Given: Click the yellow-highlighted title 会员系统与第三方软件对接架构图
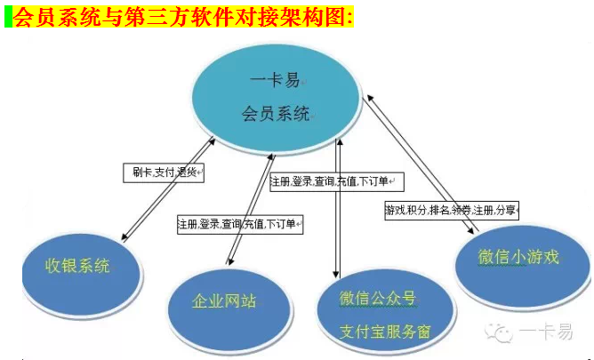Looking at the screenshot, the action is point(183,17).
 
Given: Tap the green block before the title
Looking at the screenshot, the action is point(8,17).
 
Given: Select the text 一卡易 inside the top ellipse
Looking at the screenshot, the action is point(275,80).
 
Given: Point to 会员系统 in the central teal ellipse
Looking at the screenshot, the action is point(276,114).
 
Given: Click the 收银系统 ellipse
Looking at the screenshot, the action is point(82,275).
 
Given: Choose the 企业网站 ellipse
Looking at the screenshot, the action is point(229,309).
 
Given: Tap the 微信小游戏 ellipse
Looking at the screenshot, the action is point(522,266).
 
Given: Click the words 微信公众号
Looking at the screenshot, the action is point(378,299).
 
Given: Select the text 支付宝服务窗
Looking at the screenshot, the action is point(385,332).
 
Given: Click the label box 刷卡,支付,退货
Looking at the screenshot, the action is point(164,173).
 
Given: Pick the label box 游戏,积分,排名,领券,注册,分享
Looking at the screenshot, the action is point(452,210).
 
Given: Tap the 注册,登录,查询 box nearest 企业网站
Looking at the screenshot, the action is point(240,225).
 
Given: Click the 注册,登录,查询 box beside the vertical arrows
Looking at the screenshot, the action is point(337,181).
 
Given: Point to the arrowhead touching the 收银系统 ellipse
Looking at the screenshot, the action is point(124,237).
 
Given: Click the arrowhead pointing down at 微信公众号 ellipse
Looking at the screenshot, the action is point(335,274).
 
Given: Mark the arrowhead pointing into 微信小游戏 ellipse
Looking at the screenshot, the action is point(470,230).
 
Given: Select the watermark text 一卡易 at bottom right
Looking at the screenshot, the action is point(545,332).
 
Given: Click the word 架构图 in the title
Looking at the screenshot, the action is point(314,17).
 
